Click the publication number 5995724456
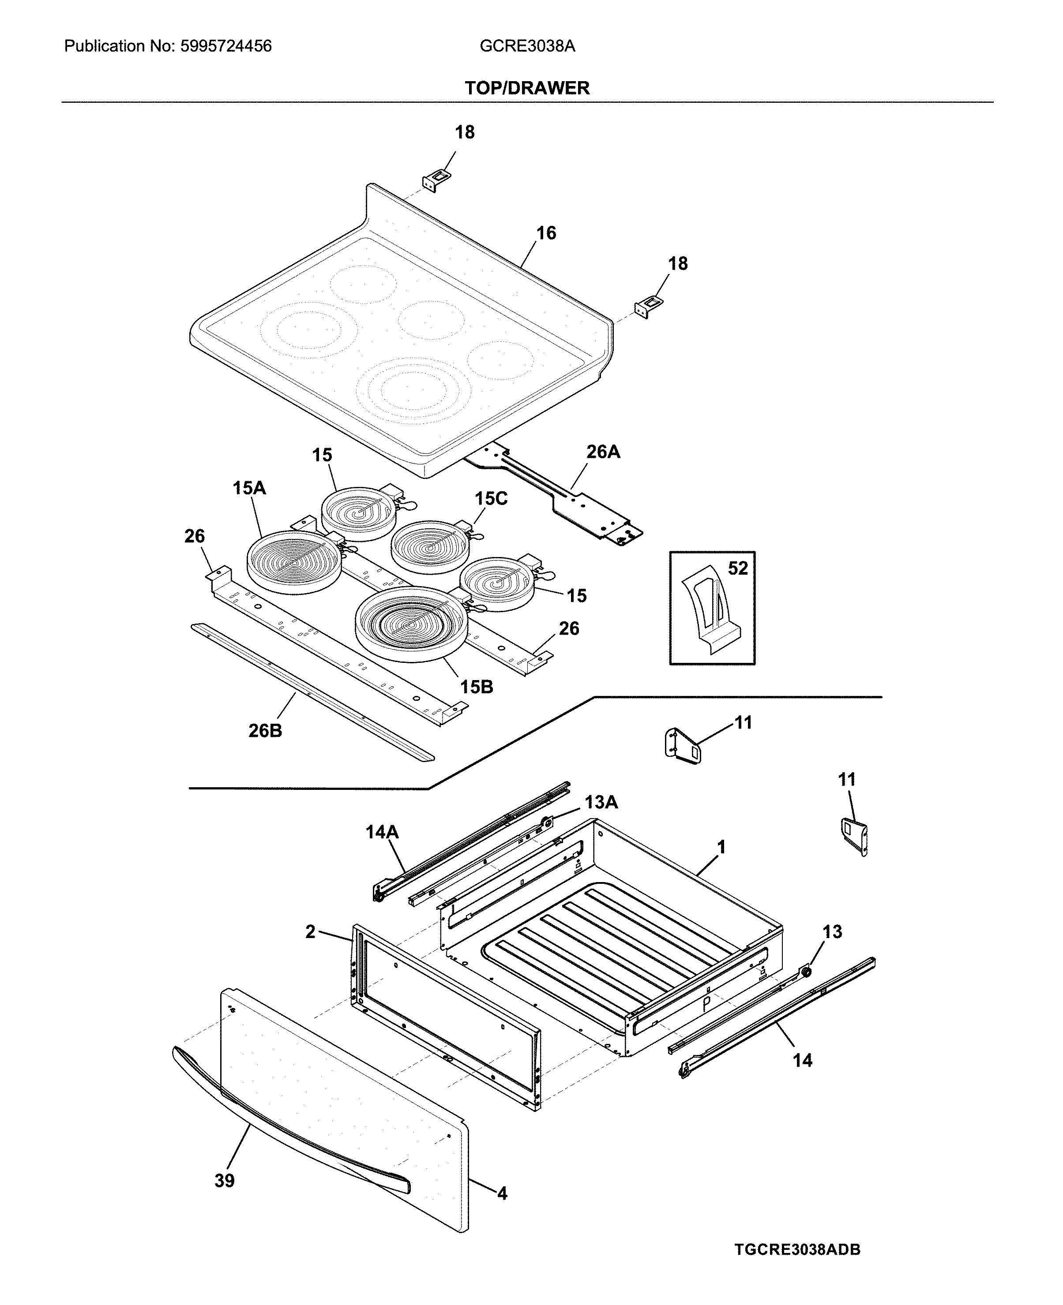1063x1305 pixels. (226, 46)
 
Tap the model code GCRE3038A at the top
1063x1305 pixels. (527, 46)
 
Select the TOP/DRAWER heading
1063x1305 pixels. (527, 88)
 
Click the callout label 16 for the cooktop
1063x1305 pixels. (546, 233)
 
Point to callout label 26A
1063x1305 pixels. (603, 452)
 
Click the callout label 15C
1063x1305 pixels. (491, 499)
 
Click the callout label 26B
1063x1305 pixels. (265, 731)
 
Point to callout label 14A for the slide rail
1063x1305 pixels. (382, 832)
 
